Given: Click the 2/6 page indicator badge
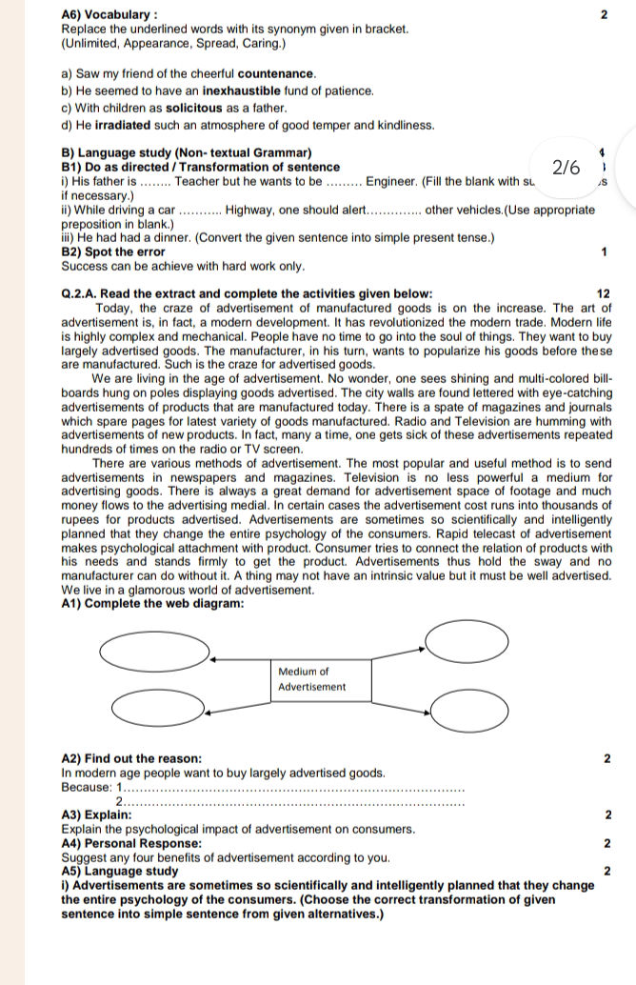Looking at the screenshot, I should coord(566,168).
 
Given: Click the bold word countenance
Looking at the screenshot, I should coord(276,73).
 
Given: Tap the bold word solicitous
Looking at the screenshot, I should coord(197,108).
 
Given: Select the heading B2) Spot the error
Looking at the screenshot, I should coord(112,252).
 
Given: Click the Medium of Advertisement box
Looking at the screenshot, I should coord(322,679).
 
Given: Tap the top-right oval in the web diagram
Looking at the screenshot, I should coord(467,640).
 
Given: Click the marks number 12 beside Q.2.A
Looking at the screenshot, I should coord(604,293).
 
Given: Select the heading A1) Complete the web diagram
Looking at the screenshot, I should coord(152,603).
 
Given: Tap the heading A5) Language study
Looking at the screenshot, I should coord(119,871).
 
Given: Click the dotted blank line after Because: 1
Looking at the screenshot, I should coord(295,789).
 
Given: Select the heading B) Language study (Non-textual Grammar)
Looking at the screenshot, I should coord(186,152).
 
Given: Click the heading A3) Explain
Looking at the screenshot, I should coord(96,815).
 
